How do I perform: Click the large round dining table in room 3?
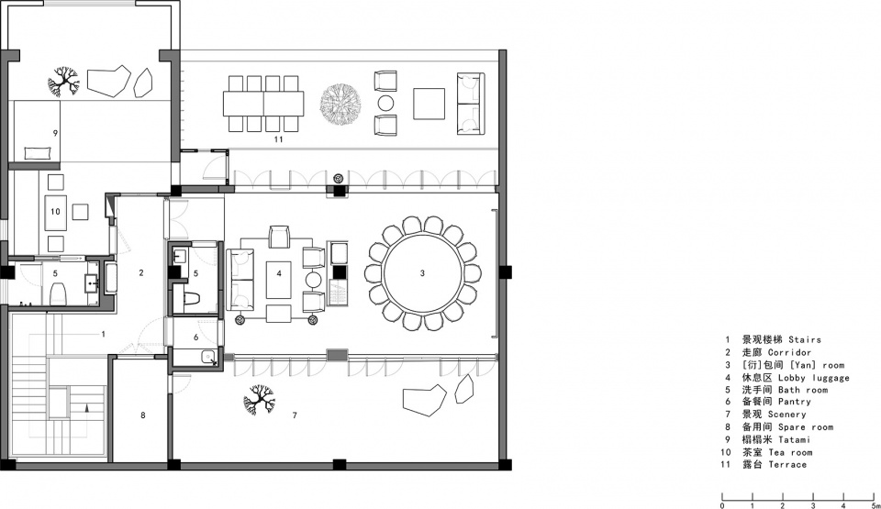pos(422,273)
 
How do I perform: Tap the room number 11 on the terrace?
pos(278,139)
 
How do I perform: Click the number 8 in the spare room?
pos(143,415)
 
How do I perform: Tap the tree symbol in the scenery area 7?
pos(260,399)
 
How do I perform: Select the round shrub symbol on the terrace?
pos(340,104)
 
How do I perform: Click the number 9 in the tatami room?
pos(55,133)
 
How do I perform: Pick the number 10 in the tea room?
pos(55,211)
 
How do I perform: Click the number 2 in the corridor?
pos(141,272)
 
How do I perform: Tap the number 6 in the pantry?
pos(195,337)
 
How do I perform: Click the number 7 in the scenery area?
pos(295,415)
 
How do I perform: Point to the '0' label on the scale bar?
pos(722,505)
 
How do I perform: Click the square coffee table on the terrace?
pos(429,104)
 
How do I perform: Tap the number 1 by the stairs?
pos(104,334)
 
